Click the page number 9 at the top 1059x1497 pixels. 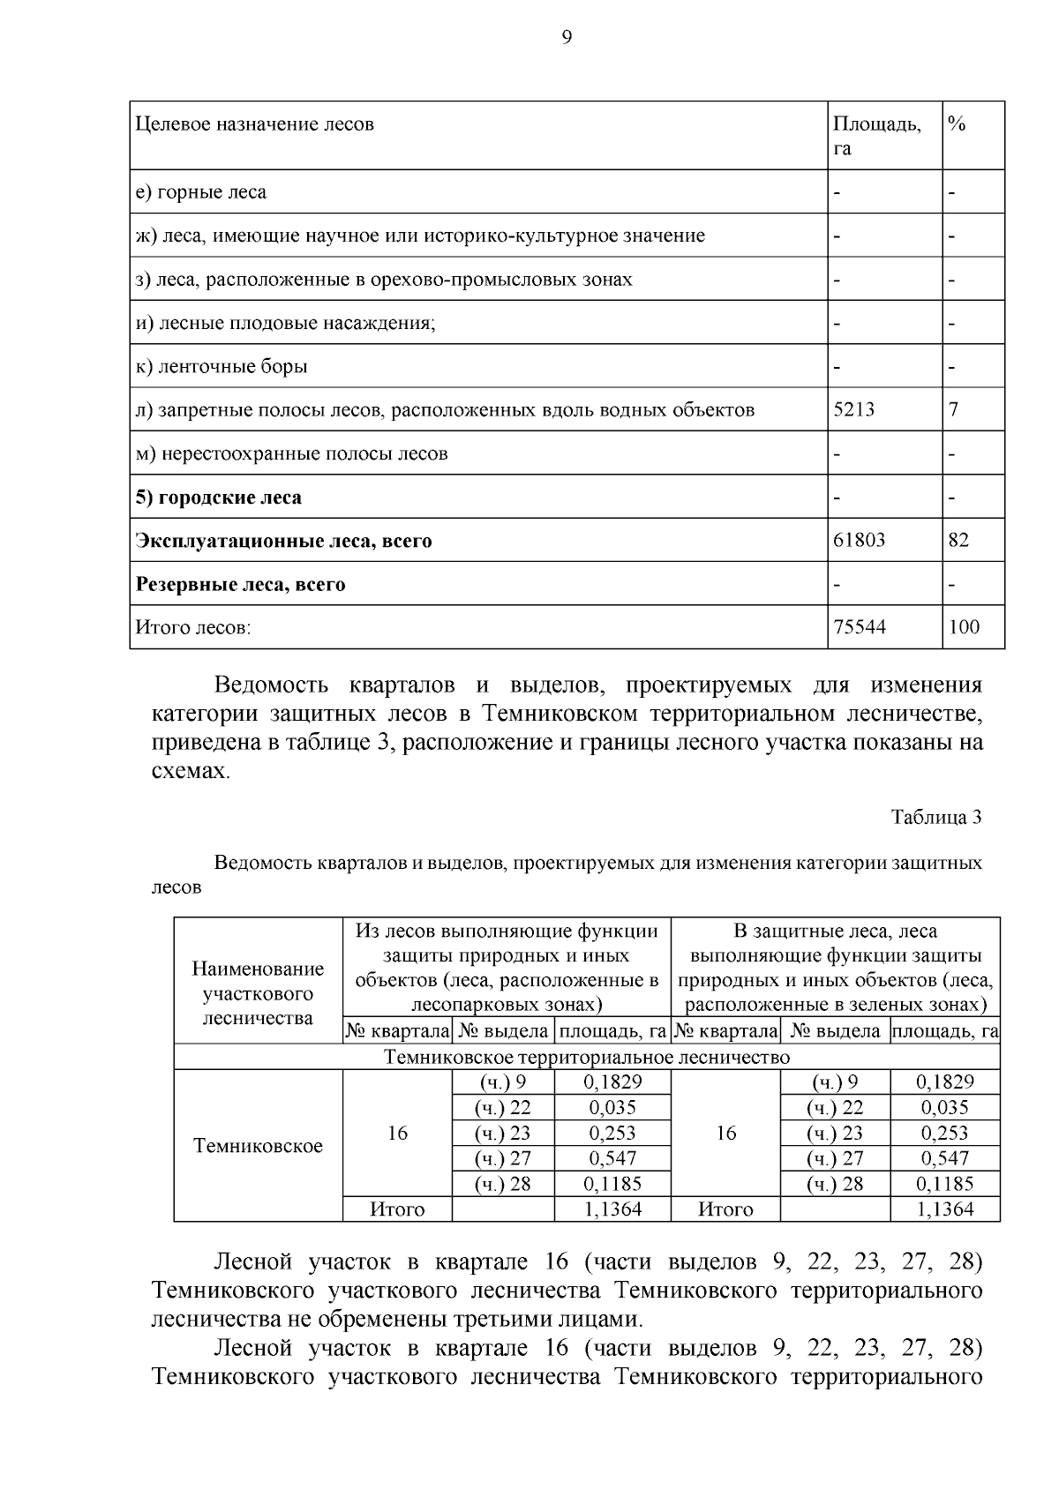coord(567,36)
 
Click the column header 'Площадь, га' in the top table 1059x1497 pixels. coord(876,136)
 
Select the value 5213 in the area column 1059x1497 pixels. coord(854,409)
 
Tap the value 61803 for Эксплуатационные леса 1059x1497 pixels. coord(859,540)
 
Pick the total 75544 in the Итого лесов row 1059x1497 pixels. coord(859,627)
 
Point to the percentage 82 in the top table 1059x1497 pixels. coord(958,540)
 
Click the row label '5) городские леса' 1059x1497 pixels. coord(218,497)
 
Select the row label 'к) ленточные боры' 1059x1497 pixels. coord(222,366)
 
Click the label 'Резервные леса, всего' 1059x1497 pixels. coord(240,584)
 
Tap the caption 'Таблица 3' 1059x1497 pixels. coord(936,817)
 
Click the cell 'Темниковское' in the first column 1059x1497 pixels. coord(258,1146)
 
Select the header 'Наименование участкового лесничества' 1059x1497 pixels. coord(258,993)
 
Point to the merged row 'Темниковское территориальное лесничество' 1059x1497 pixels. coord(587,1057)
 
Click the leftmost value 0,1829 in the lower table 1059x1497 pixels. coord(612,1082)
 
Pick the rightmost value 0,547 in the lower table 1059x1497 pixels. coord(944,1158)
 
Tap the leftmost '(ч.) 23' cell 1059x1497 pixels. coord(502,1134)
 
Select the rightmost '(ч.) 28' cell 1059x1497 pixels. coord(835,1184)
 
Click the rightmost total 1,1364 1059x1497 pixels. coord(944,1209)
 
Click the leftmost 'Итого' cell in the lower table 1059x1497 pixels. coord(397,1209)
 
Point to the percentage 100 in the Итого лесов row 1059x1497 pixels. coord(964,627)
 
